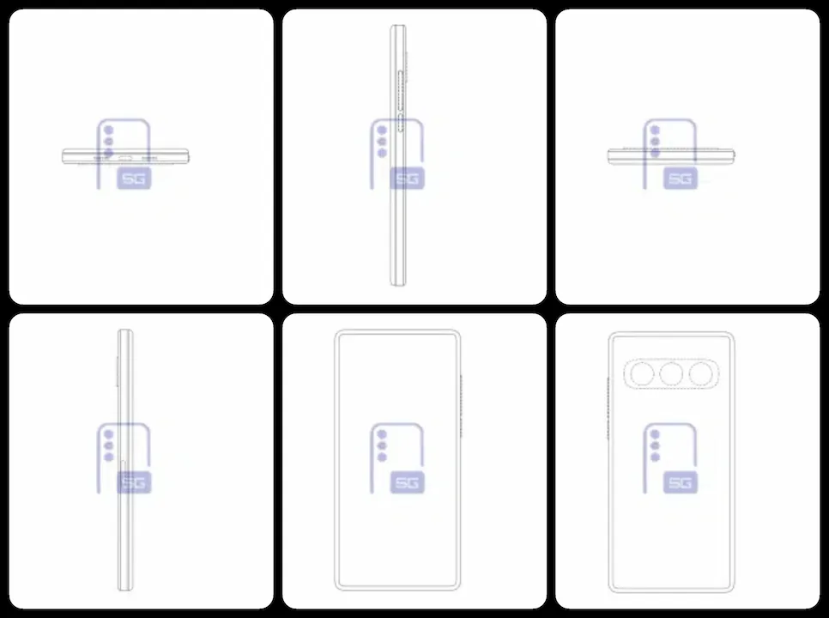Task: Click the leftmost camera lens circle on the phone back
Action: [x=642, y=373]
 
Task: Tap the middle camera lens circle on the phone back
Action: [x=671, y=373]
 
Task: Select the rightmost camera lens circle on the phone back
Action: [x=700, y=373]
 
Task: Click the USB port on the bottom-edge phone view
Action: [x=126, y=158]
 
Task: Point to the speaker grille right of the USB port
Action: [x=149, y=158]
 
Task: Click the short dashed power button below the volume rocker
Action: [x=401, y=123]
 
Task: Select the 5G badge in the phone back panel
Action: [x=681, y=482]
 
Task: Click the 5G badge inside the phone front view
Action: [x=407, y=482]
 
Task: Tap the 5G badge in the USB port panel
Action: [x=134, y=179]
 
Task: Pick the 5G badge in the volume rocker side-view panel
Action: [x=407, y=179]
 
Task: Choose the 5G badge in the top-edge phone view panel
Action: [x=681, y=179]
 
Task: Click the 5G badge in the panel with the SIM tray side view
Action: [x=134, y=482]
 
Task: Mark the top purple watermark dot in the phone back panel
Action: [x=655, y=434]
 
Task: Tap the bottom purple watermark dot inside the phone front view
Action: [x=382, y=457]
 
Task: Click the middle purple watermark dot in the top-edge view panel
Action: [x=655, y=141]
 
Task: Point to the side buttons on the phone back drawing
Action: [x=608, y=408]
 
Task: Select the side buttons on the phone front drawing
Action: [x=461, y=406]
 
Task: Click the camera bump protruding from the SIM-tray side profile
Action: [x=117, y=371]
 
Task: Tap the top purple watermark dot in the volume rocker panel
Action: [x=382, y=130]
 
